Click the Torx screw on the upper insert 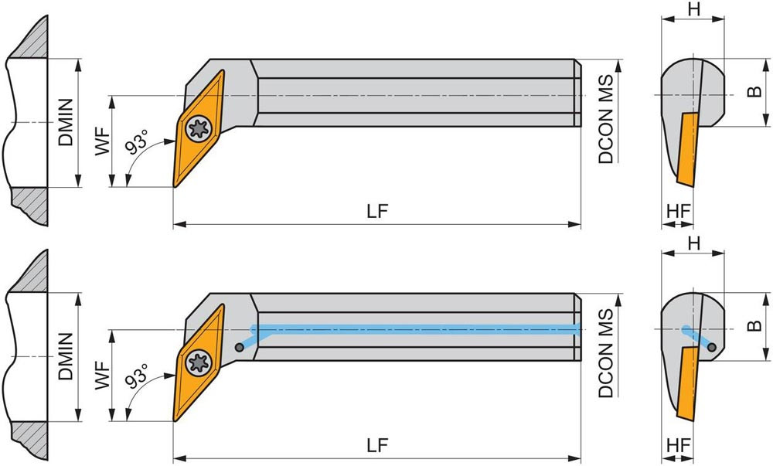pyautogui.click(x=199, y=129)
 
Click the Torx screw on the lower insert pyautogui.click(x=199, y=363)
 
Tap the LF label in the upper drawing pyautogui.click(x=377, y=211)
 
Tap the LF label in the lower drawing pyautogui.click(x=377, y=445)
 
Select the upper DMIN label pyautogui.click(x=66, y=122)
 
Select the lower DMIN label pyautogui.click(x=66, y=356)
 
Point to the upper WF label pyautogui.click(x=103, y=141)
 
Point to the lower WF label pyautogui.click(x=103, y=375)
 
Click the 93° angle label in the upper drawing pyautogui.click(x=137, y=141)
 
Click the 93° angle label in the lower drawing pyautogui.click(x=137, y=376)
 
